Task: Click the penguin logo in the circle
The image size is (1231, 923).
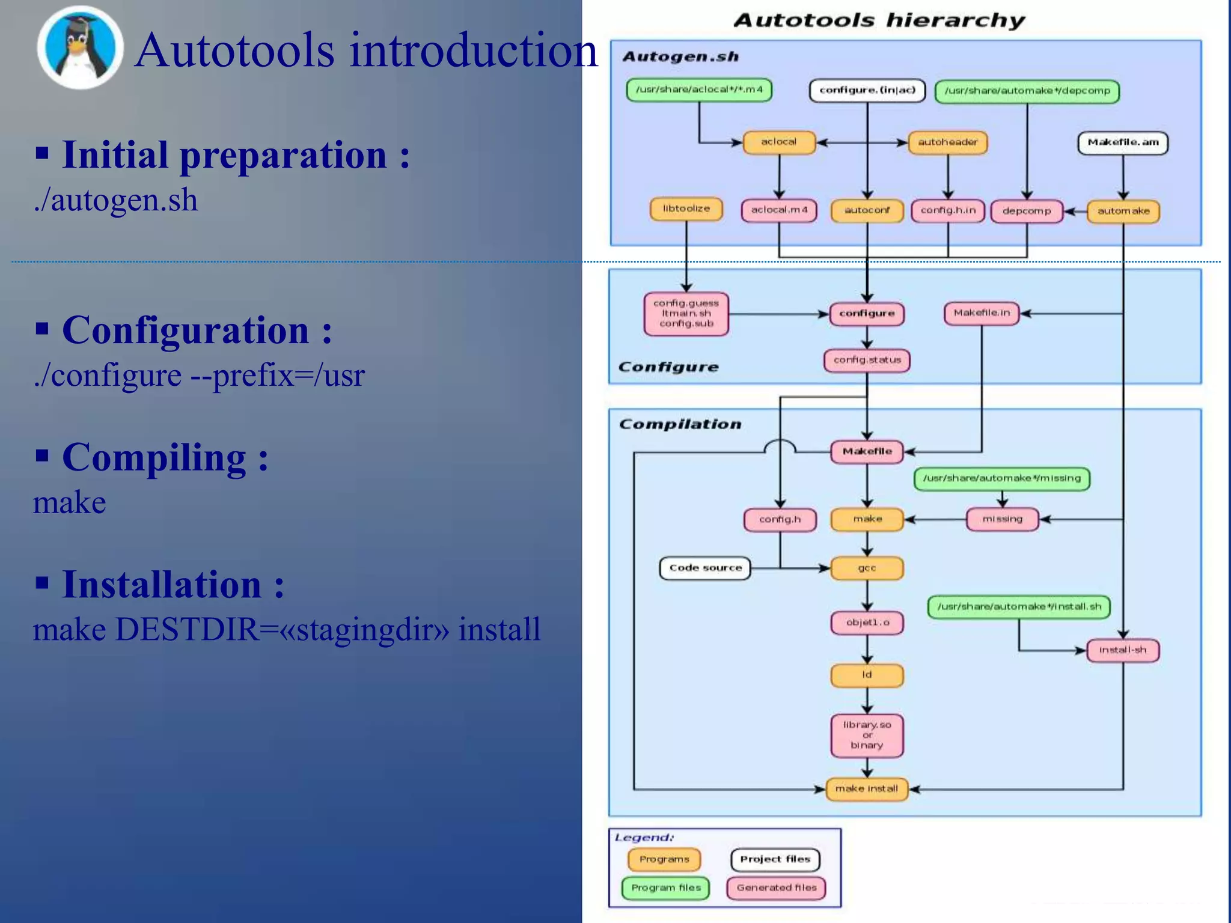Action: (80, 48)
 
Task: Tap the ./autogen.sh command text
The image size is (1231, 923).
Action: (115, 200)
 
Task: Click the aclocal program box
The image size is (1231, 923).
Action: (778, 142)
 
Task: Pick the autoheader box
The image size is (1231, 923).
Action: (947, 142)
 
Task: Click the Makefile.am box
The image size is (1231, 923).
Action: (1122, 143)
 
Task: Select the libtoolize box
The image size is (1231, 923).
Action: (686, 209)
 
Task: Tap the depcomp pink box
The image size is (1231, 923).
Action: (1026, 211)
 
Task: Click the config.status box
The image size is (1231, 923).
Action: (867, 360)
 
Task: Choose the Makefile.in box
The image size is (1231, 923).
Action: (981, 313)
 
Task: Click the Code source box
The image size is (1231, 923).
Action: (705, 568)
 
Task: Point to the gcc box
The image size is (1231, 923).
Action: (867, 568)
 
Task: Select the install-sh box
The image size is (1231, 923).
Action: (1122, 650)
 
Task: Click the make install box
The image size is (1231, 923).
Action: (866, 788)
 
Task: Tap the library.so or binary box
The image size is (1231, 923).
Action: (867, 735)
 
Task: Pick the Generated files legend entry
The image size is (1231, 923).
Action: (776, 888)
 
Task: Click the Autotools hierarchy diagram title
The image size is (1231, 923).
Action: (879, 20)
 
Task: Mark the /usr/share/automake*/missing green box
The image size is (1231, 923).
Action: (1001, 478)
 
